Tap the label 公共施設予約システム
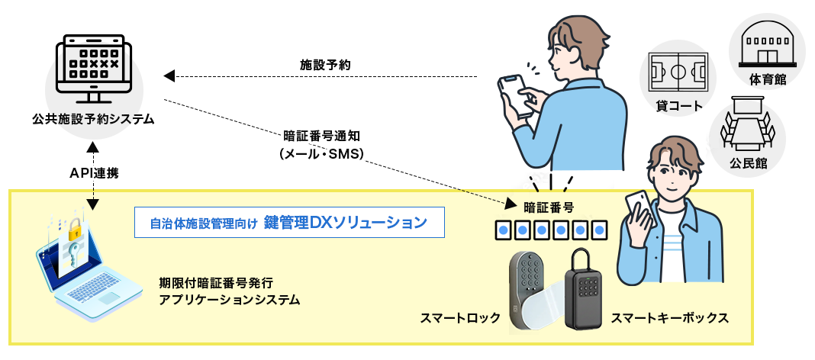tap(94, 119)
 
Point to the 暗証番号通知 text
tap(327, 137)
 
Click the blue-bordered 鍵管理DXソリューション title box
tap(288, 223)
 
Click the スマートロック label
tap(460, 317)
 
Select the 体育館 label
tap(768, 79)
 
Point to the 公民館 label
tap(748, 162)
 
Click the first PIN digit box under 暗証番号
tap(504, 229)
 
